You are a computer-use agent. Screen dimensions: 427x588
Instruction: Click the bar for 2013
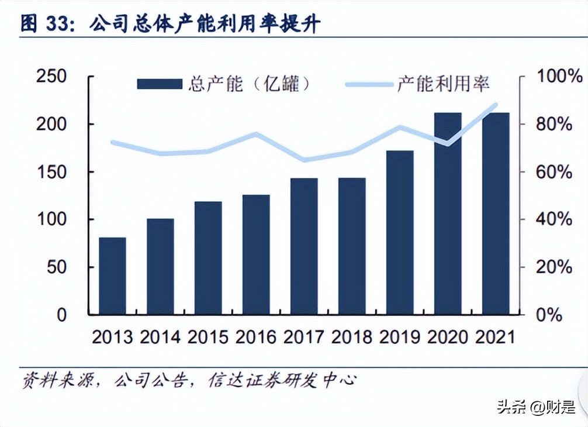click(x=112, y=276)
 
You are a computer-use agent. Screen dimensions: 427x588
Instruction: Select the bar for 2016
click(x=256, y=254)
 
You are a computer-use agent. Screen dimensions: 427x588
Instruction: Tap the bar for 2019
click(x=400, y=232)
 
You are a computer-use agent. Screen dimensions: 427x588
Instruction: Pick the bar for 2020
click(x=448, y=213)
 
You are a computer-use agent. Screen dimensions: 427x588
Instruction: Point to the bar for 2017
click(x=304, y=246)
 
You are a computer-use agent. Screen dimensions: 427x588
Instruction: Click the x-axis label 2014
click(x=160, y=337)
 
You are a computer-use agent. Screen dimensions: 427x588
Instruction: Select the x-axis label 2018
click(x=352, y=337)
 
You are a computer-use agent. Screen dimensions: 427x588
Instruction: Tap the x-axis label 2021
click(x=496, y=337)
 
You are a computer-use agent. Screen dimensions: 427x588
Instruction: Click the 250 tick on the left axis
click(x=51, y=77)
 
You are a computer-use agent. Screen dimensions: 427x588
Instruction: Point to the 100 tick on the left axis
click(x=51, y=220)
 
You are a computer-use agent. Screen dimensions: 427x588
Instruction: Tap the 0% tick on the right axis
click(x=549, y=315)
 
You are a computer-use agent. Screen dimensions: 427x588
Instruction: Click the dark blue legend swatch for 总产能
click(x=160, y=84)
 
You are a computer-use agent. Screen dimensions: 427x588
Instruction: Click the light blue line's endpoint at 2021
click(x=496, y=105)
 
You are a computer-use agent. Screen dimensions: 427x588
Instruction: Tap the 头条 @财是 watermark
click(x=535, y=407)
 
